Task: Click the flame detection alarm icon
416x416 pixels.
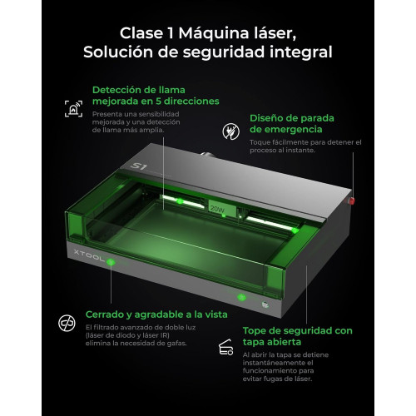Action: [x=73, y=109]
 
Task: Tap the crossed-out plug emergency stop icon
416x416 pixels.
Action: [x=231, y=131]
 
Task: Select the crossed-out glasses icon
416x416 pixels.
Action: [x=67, y=323]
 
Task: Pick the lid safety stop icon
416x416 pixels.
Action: [x=225, y=347]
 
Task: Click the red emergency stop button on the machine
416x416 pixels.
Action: [x=352, y=201]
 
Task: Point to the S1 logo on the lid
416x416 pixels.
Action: [x=138, y=166]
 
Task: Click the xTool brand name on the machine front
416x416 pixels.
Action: [x=89, y=256]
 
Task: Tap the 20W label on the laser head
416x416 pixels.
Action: [x=217, y=209]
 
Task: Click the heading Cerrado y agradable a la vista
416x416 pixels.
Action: [x=156, y=314]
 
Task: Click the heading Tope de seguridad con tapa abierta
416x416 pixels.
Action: [x=298, y=336]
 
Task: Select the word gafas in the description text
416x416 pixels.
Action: [x=177, y=344]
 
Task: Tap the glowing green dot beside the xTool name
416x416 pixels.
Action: [x=111, y=261]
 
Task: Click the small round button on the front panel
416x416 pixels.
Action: [x=265, y=305]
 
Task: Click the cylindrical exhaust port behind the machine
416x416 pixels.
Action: [x=207, y=154]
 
